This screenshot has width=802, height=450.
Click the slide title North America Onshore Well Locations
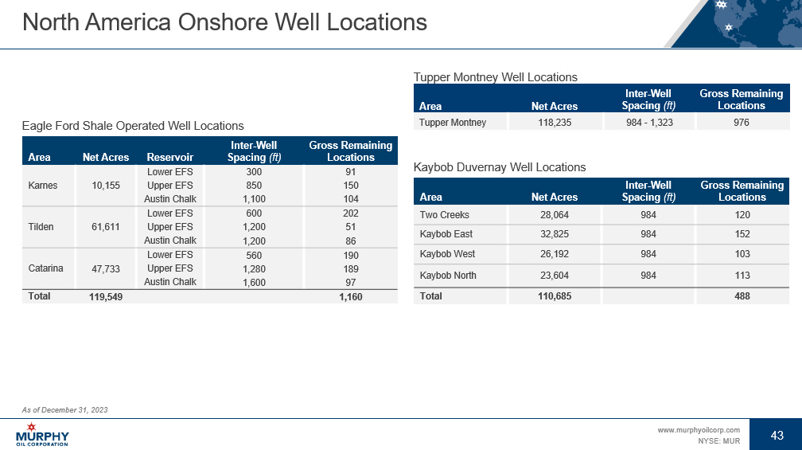pyautogui.click(x=224, y=22)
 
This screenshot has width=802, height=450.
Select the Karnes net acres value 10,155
pyautogui.click(x=106, y=186)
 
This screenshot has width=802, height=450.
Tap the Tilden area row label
pyautogui.click(x=41, y=227)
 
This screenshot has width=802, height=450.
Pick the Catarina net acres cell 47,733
pyautogui.click(x=106, y=269)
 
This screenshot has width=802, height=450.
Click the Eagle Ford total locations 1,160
pyautogui.click(x=350, y=297)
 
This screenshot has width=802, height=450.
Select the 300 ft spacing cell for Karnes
pyautogui.click(x=253, y=172)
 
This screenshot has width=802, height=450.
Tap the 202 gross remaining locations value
pyautogui.click(x=350, y=213)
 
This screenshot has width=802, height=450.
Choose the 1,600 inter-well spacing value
pyautogui.click(x=253, y=282)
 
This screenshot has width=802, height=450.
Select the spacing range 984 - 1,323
pyautogui.click(x=648, y=123)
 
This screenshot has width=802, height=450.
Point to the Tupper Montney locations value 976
pyautogui.click(x=742, y=123)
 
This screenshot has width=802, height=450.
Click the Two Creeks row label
pyautogui.click(x=444, y=215)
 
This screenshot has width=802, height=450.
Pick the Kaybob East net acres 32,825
pyautogui.click(x=555, y=234)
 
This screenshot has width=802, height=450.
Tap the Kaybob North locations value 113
pyautogui.click(x=742, y=276)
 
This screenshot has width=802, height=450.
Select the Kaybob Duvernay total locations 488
pyautogui.click(x=742, y=296)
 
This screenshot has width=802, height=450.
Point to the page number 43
pyautogui.click(x=777, y=435)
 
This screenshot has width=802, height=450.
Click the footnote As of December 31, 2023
pyautogui.click(x=64, y=409)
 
